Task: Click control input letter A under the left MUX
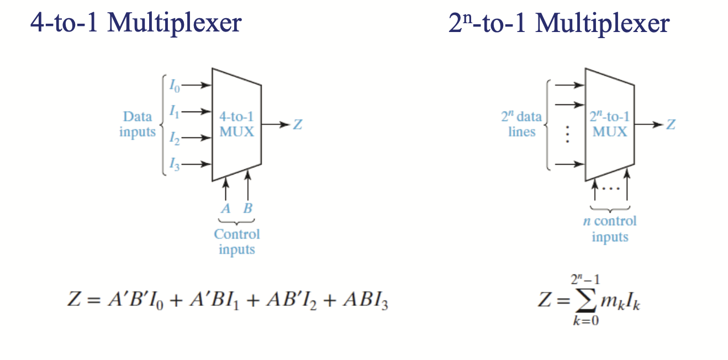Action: [225, 209]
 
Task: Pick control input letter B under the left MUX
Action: [247, 209]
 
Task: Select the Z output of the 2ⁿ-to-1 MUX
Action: [670, 125]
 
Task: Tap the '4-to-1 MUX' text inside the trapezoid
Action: [236, 124]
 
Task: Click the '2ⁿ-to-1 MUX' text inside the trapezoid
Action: [610, 124]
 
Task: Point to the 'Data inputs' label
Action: [138, 124]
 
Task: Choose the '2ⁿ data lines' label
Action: [521, 124]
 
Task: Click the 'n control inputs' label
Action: [610, 229]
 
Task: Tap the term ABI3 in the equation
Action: [366, 302]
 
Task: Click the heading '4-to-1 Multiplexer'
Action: [136, 24]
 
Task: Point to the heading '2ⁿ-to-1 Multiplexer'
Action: [559, 24]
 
